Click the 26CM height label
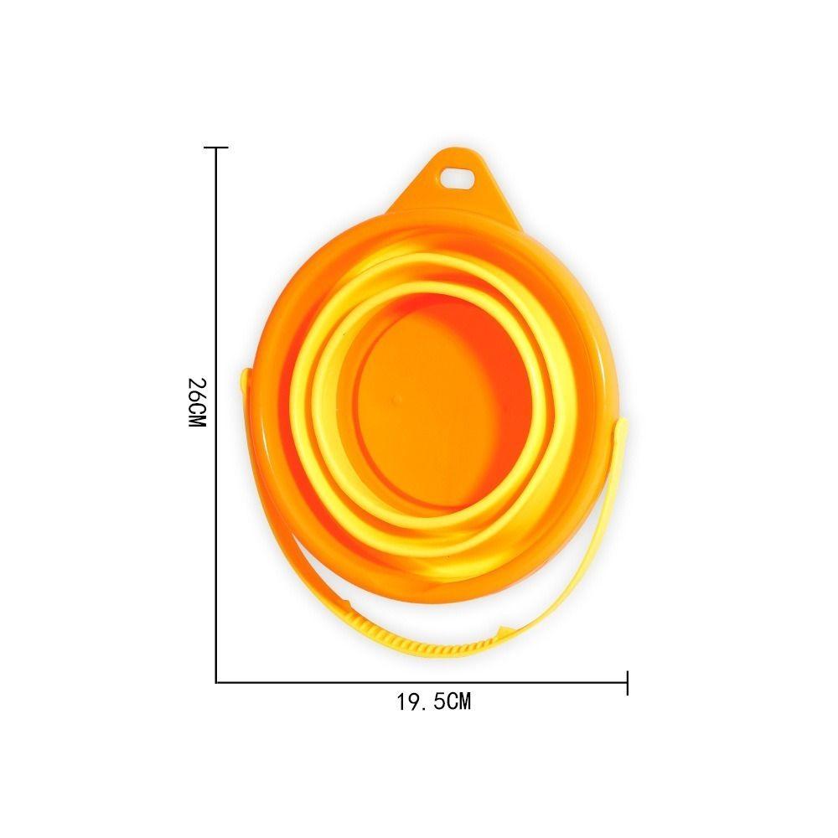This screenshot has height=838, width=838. click(197, 402)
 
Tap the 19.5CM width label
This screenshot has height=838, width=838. click(433, 701)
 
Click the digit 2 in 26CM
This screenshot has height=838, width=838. click(197, 384)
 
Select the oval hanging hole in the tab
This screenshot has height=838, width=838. click(458, 178)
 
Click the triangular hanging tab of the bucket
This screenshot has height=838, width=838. click(453, 184)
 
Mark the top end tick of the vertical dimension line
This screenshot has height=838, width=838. click(216, 147)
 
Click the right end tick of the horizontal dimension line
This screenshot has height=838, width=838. click(627, 682)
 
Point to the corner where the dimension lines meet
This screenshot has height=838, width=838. click(216, 682)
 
